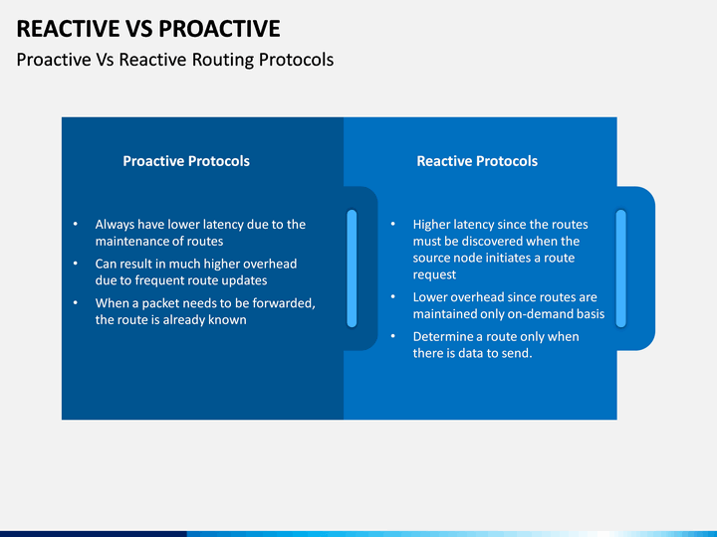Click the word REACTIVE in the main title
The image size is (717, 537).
[x=68, y=29]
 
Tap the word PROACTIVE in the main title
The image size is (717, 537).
[x=219, y=29]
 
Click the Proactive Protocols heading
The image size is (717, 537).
[x=186, y=161]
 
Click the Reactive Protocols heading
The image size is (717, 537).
[x=477, y=161]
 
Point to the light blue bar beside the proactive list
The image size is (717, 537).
[x=352, y=268]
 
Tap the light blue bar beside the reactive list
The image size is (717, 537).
[x=621, y=268]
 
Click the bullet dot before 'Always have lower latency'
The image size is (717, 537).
[x=76, y=224]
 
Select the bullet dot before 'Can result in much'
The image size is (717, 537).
[x=76, y=263]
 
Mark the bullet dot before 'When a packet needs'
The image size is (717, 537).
[x=76, y=302]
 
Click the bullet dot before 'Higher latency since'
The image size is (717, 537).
[x=393, y=224]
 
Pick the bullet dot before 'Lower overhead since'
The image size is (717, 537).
[x=393, y=296]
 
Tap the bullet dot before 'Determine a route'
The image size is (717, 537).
[x=393, y=336]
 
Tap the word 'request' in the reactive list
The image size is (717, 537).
[x=434, y=274]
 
